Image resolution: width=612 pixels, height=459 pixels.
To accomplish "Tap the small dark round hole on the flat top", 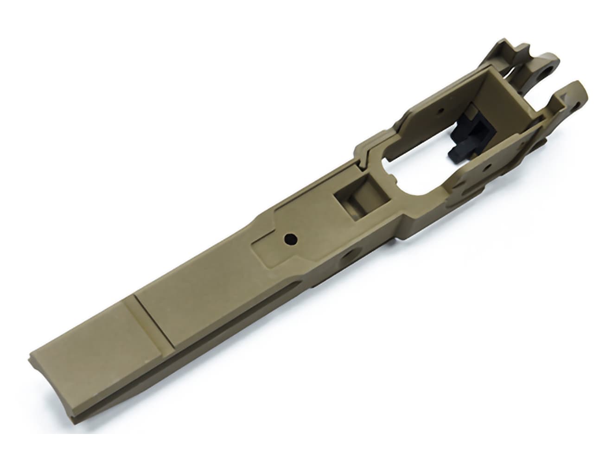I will (x=290, y=239).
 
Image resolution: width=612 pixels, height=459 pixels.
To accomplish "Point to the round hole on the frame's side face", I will (x=348, y=255).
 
